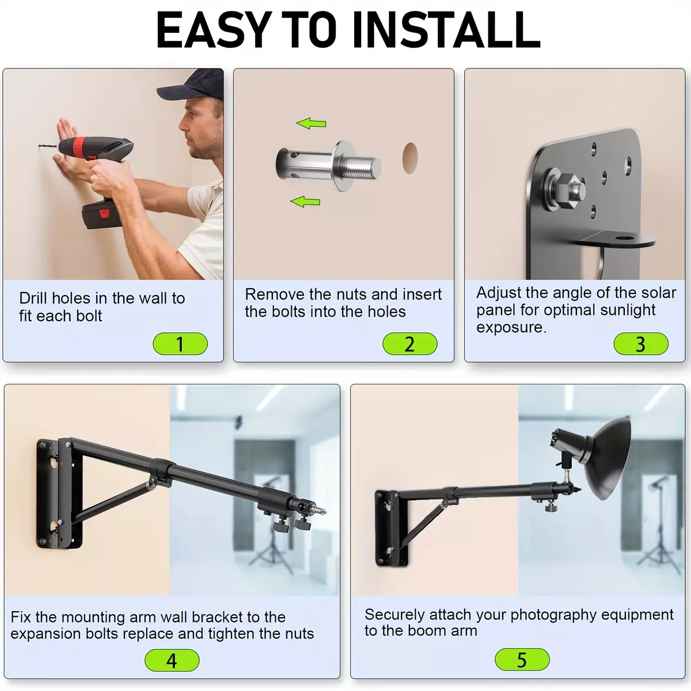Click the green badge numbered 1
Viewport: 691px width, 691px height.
(x=180, y=344)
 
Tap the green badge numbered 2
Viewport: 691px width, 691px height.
(x=410, y=344)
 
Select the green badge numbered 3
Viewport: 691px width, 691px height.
(x=641, y=344)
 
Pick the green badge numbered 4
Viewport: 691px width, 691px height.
(x=172, y=660)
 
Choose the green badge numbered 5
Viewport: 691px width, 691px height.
(x=522, y=659)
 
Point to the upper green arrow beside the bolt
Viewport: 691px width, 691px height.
(x=312, y=123)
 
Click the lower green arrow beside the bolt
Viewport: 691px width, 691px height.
(x=305, y=202)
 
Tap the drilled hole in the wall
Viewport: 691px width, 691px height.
(x=410, y=158)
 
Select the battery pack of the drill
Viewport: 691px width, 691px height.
(x=102, y=214)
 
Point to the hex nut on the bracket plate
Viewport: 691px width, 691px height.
(x=567, y=191)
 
